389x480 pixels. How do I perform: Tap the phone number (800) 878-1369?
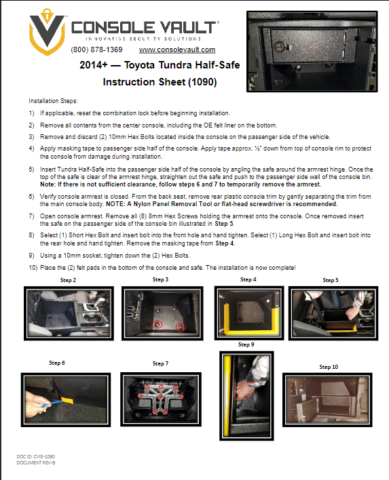[96, 50]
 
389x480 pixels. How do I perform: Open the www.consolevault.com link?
[177, 50]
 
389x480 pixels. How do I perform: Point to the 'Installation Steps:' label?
[54, 100]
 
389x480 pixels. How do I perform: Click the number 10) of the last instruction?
[33, 268]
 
